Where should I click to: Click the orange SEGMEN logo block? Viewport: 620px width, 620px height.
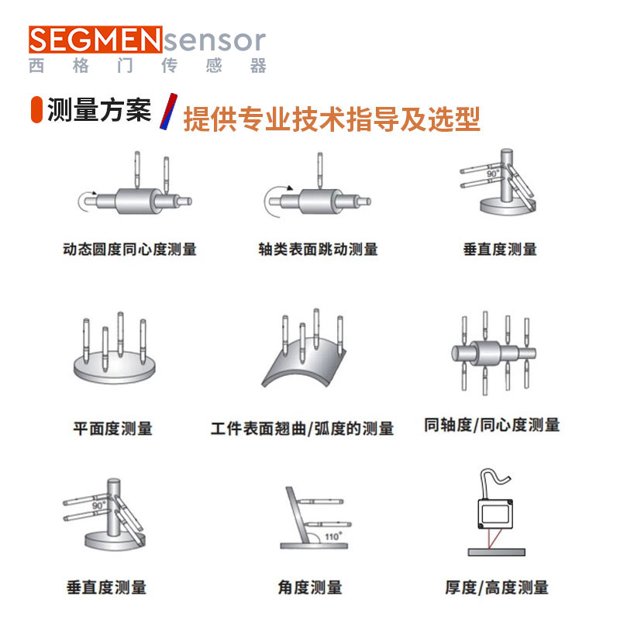point(95,40)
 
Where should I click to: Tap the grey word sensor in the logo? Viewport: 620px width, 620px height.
point(215,40)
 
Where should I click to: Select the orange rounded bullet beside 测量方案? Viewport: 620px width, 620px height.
point(36,109)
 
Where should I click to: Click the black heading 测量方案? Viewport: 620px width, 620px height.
point(99,110)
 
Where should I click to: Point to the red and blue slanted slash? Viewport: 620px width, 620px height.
point(168,112)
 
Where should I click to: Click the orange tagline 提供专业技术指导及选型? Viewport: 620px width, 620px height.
point(332,119)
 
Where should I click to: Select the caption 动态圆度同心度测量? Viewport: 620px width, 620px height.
point(129,250)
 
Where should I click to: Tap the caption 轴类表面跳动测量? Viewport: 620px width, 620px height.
point(319,250)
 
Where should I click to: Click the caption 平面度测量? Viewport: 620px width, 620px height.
point(112,429)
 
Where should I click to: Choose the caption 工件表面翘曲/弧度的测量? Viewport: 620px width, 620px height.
point(302,429)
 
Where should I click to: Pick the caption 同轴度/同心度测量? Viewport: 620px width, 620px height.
point(492,425)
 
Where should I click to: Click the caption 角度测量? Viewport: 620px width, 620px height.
point(310,587)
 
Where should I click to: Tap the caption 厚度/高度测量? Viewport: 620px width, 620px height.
point(497,587)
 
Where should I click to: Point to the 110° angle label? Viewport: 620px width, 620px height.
point(333,536)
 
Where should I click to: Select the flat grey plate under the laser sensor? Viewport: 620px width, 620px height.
point(497,552)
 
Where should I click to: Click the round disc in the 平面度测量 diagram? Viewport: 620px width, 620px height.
point(115,369)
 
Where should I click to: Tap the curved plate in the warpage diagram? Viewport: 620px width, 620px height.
point(304,367)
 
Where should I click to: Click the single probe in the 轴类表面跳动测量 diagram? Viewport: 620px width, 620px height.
point(320,170)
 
